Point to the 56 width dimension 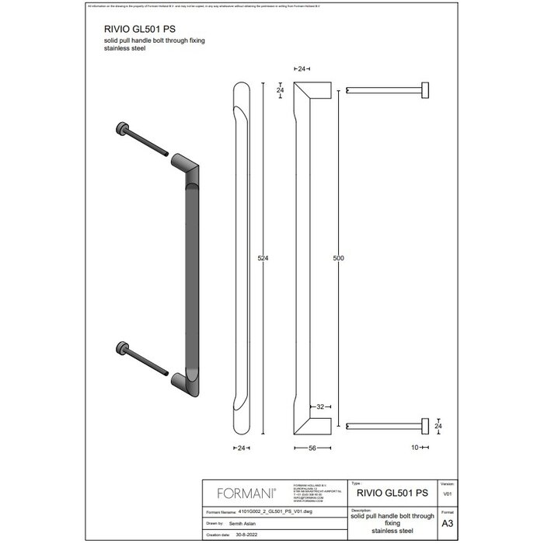(x=311, y=448)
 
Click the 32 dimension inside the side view (x=319, y=406)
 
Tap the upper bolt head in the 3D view (x=122, y=130)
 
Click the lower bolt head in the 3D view (x=122, y=347)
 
